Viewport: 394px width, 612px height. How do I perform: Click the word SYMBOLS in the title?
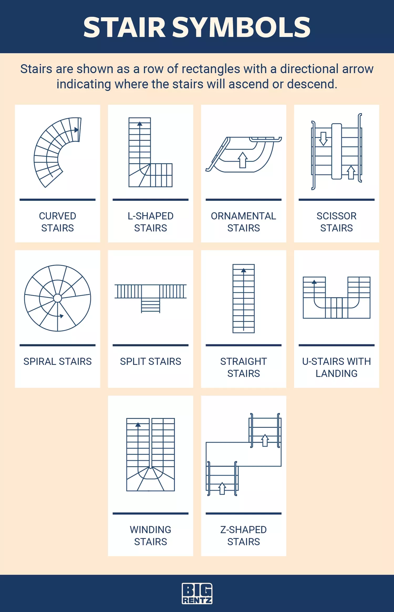click(x=241, y=27)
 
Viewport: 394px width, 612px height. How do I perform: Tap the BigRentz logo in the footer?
click(x=197, y=593)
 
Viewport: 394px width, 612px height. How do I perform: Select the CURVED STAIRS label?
click(x=58, y=222)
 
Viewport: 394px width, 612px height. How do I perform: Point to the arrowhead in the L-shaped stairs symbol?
click(x=140, y=124)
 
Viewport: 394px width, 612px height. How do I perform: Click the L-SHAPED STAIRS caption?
click(x=151, y=222)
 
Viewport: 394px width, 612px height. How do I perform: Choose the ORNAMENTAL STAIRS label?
click(x=243, y=222)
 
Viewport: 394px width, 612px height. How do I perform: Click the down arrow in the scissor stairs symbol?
click(x=323, y=139)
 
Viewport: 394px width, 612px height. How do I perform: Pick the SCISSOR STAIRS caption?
click(x=336, y=222)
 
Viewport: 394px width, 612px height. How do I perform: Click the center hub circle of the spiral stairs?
click(x=58, y=298)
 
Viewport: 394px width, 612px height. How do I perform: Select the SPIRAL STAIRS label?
click(x=58, y=361)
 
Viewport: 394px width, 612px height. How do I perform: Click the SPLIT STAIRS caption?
click(x=151, y=361)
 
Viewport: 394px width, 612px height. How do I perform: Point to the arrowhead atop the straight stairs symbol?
click(x=243, y=270)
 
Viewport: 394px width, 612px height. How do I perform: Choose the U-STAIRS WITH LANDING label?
click(x=336, y=367)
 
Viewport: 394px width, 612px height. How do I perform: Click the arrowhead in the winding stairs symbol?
click(x=138, y=425)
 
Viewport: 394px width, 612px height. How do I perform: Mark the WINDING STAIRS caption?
click(x=151, y=536)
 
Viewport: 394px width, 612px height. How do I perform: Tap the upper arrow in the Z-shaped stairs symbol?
click(x=265, y=440)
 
